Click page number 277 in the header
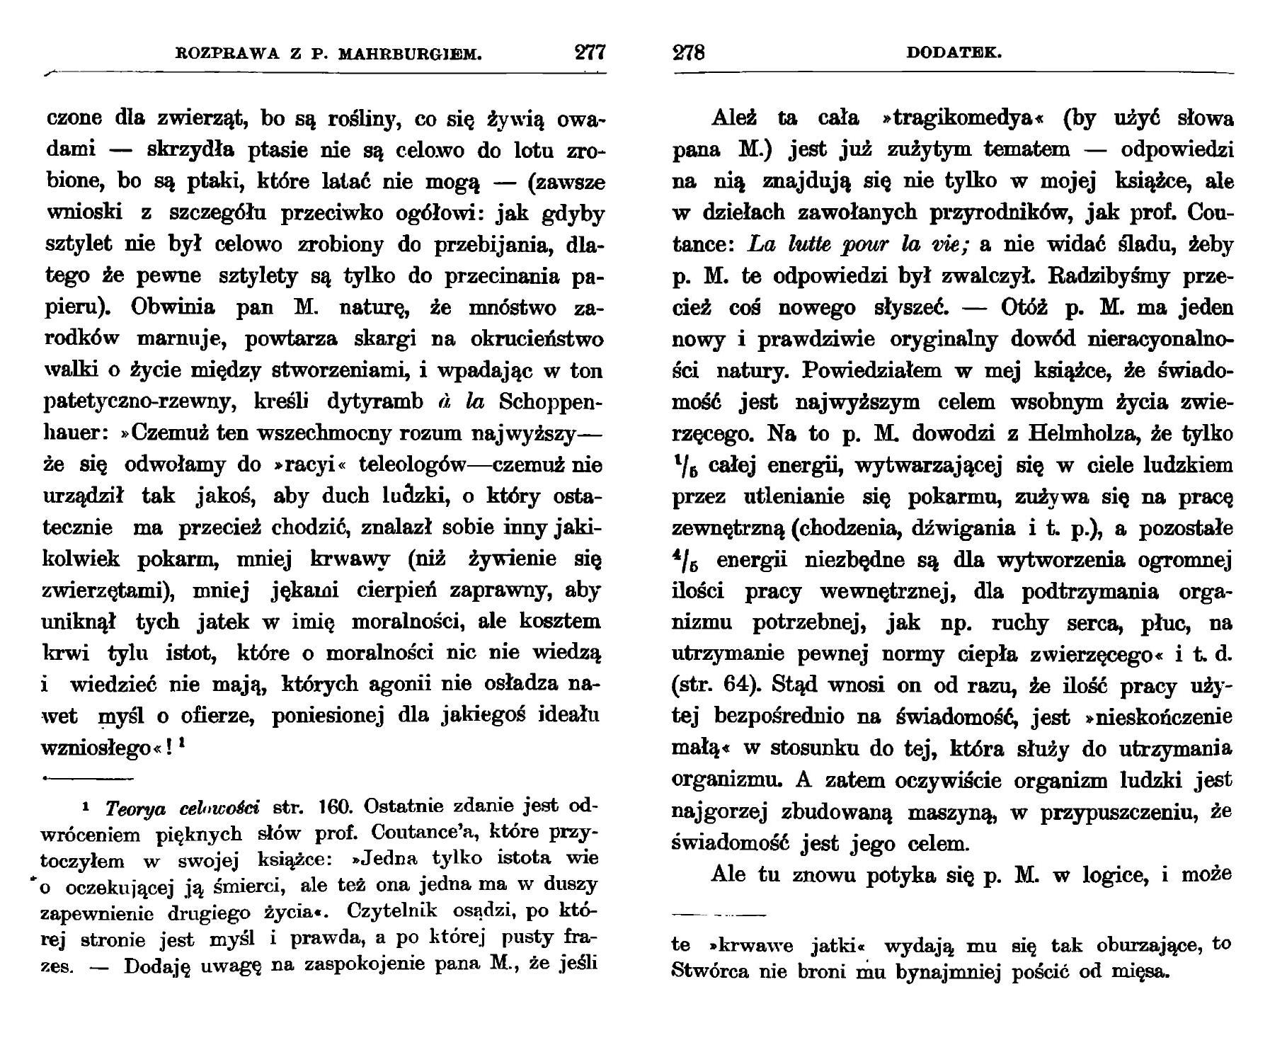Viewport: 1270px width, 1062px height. (x=590, y=54)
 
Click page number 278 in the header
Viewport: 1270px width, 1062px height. (x=689, y=54)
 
